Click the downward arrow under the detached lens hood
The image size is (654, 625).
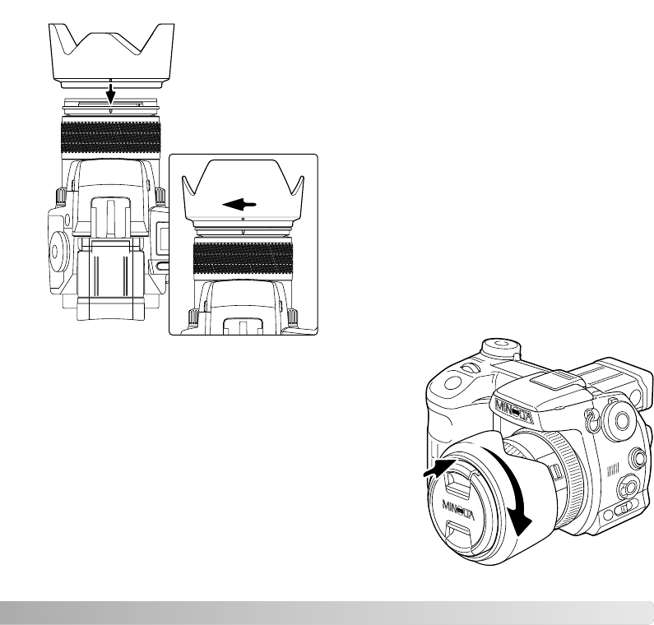point(110,95)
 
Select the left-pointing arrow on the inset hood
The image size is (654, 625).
point(239,205)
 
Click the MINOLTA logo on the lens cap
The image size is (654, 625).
point(458,510)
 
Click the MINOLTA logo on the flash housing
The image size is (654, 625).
point(514,411)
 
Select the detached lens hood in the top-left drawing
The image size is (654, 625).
point(111,56)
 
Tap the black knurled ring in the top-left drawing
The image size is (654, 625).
point(111,136)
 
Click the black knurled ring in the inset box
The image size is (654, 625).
point(244,259)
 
